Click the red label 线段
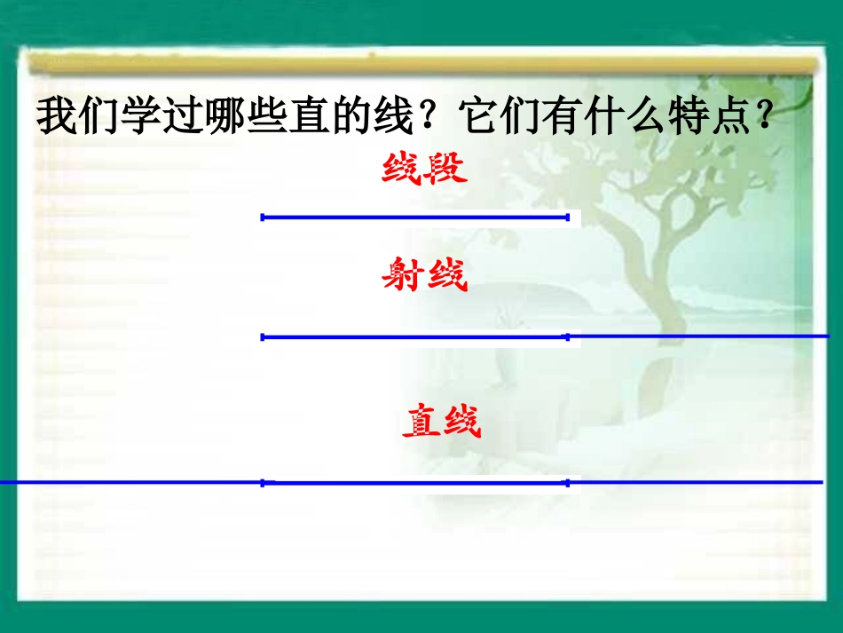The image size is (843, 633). pyautogui.click(x=424, y=169)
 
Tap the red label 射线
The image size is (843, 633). pyautogui.click(x=424, y=277)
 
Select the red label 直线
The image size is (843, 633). pyautogui.click(x=441, y=422)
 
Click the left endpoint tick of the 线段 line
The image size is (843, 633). pyautogui.click(x=263, y=217)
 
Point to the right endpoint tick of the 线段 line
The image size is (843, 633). pyautogui.click(x=567, y=217)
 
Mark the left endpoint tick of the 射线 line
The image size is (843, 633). pyautogui.click(x=263, y=336)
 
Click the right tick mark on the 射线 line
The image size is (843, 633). pyautogui.click(x=567, y=336)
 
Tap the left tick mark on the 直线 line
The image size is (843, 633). pyautogui.click(x=263, y=483)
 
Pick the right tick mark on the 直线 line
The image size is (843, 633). pyautogui.click(x=567, y=483)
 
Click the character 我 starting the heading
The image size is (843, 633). pyautogui.click(x=55, y=116)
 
